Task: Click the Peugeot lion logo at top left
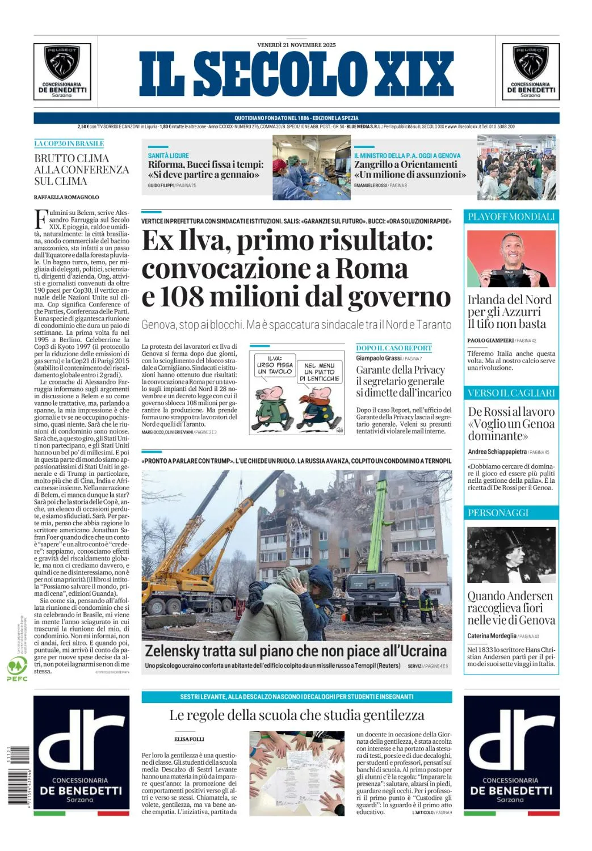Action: (62, 63)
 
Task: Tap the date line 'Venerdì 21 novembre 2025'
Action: (296, 45)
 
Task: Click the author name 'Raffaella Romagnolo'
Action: (66, 197)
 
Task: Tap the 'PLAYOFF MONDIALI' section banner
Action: (511, 217)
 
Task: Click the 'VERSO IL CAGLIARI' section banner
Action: (511, 393)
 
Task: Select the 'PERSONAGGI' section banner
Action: (498, 513)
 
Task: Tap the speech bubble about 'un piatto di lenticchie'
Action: (320, 372)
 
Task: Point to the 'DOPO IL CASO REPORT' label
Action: (394, 348)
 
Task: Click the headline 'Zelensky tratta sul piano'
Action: (296, 651)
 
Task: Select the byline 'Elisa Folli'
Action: (189, 739)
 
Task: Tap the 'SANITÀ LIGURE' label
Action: (169, 155)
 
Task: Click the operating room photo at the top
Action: (312, 167)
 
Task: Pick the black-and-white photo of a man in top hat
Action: (511, 555)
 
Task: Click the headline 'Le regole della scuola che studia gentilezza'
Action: (297, 715)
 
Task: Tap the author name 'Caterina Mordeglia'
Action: (492, 636)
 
